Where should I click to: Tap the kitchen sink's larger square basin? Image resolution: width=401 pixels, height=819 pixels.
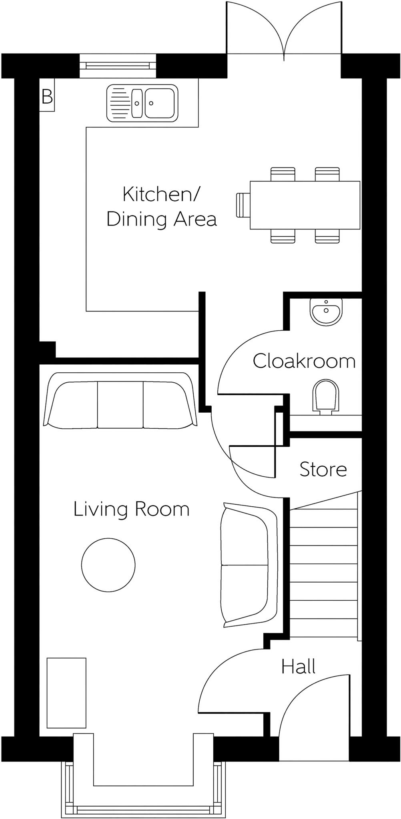click(159, 103)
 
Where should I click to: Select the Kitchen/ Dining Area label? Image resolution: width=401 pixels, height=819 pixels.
click(161, 207)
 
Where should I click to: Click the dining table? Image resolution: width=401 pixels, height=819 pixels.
click(305, 205)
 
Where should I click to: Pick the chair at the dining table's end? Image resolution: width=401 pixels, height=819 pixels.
click(243, 205)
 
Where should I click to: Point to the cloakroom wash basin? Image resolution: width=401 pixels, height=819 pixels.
click(326, 312)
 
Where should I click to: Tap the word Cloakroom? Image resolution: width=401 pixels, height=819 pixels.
click(304, 361)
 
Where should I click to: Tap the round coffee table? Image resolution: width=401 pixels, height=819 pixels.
click(108, 564)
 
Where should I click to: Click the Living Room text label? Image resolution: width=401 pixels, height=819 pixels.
click(131, 509)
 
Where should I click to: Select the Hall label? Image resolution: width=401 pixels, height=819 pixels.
click(298, 667)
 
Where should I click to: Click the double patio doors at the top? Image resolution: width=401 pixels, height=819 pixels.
click(284, 30)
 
